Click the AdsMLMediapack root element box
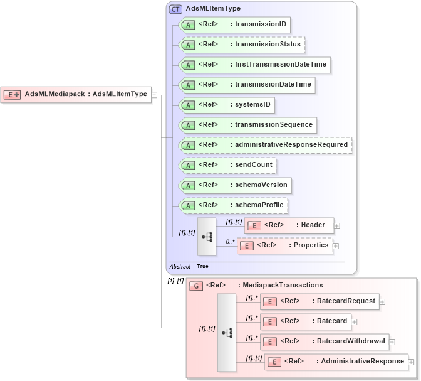[76, 94]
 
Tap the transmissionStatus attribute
[241, 45]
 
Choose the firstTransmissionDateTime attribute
[253, 65]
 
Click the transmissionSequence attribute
[247, 125]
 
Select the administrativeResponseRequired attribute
[265, 145]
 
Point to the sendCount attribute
[227, 165]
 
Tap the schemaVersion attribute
[235, 185]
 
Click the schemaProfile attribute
[234, 205]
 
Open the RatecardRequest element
[319, 301]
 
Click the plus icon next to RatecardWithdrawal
[392, 342]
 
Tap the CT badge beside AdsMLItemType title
[175, 9]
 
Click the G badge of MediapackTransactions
[195, 286]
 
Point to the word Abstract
[180, 266]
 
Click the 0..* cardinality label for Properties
[230, 241]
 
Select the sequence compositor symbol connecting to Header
[206, 236]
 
